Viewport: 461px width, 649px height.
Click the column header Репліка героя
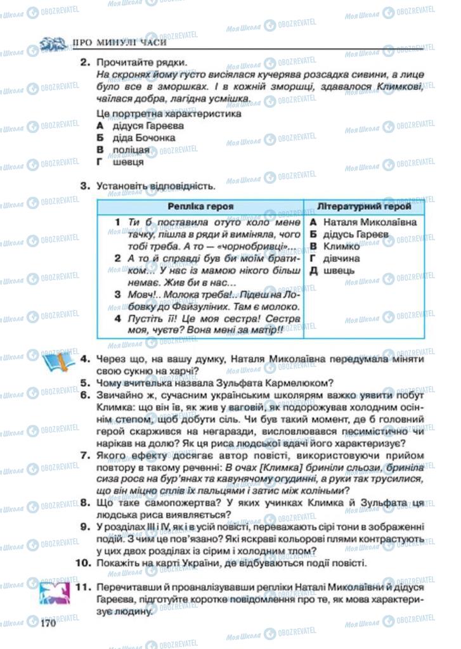200,207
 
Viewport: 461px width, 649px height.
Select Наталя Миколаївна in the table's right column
370,222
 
